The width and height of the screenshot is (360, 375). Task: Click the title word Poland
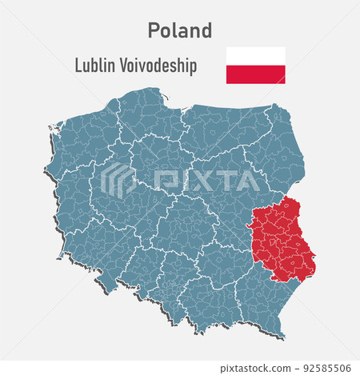[180, 30]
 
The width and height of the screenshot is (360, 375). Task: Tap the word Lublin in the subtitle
[94, 66]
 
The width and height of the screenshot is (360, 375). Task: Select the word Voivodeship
[158, 66]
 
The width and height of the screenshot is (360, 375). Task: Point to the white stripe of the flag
[255, 56]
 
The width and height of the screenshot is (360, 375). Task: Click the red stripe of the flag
[255, 74]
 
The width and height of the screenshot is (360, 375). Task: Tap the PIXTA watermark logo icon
[118, 180]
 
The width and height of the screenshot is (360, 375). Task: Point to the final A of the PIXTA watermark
[247, 181]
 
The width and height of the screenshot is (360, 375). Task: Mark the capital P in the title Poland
[154, 30]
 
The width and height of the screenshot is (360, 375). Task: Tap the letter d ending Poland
[206, 30]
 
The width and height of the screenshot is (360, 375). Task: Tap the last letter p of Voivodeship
[193, 67]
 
